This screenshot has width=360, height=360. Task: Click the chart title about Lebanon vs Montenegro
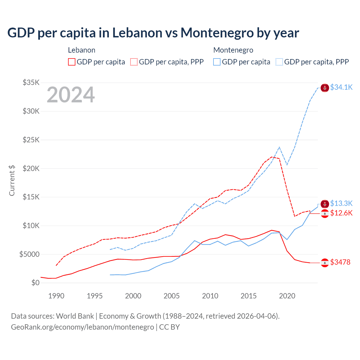coord(153,33)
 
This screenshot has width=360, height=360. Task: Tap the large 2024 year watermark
coord(71,95)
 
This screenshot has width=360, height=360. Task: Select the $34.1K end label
coord(341,87)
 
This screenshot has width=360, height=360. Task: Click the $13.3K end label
coord(341,203)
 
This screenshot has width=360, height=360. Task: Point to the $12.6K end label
coord(341,213)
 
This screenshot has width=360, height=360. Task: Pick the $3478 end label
coord(340,262)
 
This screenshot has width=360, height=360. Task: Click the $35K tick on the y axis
coord(31,83)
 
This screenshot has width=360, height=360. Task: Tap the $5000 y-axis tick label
coord(29,255)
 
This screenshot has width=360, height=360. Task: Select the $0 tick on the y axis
coord(35,283)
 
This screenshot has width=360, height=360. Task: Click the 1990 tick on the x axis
coord(56,296)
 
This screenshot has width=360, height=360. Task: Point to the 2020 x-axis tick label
coord(287,296)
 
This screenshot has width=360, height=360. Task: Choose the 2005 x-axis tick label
coord(172,296)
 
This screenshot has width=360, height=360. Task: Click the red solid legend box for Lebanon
coord(72,62)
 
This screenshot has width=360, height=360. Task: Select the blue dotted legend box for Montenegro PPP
coord(279,62)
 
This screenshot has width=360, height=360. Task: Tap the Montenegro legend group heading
coord(233,50)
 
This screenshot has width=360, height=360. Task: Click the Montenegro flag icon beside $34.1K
coord(325,88)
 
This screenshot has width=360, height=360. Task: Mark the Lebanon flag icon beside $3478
coord(325,263)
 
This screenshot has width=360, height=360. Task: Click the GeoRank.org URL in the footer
coord(82,327)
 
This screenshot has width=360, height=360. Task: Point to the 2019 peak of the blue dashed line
coord(279,147)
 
